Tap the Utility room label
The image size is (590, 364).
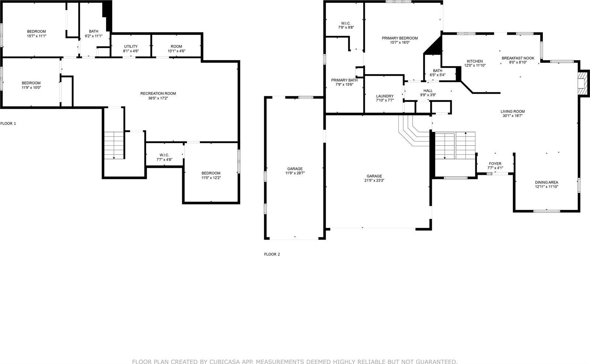point(131,46)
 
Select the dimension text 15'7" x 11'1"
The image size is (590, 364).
point(36,36)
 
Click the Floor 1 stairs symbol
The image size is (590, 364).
point(114,145)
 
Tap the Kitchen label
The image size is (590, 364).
point(475,61)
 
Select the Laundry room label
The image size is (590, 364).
point(385,96)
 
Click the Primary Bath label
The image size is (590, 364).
point(344,80)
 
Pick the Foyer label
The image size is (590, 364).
point(495,163)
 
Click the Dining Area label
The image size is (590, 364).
point(546,182)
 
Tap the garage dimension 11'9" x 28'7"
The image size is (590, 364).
point(295,173)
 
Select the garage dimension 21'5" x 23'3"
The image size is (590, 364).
point(374,180)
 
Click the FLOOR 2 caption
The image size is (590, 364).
point(272,254)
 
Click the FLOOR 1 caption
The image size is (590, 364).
point(8,124)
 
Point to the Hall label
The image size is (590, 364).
point(428,90)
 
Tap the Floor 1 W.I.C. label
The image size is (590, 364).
point(164,155)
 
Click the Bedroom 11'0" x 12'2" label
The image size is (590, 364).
point(211,173)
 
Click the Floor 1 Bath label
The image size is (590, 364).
point(93,31)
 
